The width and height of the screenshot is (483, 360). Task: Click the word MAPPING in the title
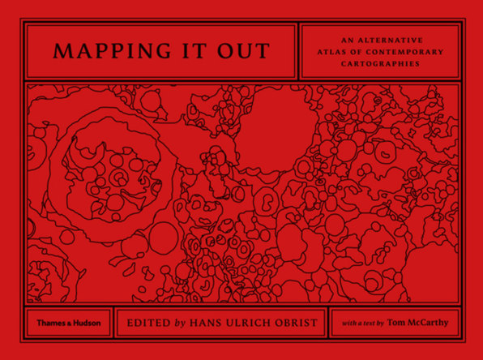coord(102,51)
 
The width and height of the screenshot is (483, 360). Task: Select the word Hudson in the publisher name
coord(85,321)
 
